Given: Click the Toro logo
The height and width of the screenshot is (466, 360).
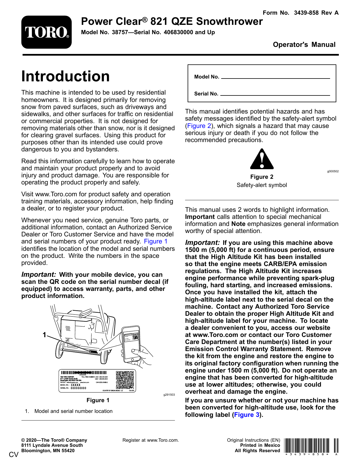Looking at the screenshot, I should tap(47, 32).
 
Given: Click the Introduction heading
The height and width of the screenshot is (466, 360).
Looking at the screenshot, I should tap(65, 76).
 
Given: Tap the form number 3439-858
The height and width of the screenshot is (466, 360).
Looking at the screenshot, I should tap(306, 13).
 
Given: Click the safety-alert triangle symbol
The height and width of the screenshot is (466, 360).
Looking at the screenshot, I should tap(262, 159).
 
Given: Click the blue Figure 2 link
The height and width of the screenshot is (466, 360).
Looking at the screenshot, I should tap(199, 126).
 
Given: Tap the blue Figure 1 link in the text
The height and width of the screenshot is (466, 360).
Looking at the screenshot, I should tap(155, 241).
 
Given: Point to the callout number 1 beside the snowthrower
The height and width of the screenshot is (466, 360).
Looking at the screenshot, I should tap(44, 335).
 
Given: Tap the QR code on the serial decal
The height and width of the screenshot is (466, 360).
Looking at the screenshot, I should tap(125, 380).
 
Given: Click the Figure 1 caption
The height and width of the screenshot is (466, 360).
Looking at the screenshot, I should tap(98, 400).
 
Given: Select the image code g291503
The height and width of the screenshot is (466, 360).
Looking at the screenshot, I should tap(169, 395).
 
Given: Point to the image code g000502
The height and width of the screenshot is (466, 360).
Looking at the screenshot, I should tap(333, 171).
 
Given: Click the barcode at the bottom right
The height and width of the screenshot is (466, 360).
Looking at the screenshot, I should tap(311, 446).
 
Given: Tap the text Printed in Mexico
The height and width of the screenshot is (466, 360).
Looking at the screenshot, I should tap(260, 445).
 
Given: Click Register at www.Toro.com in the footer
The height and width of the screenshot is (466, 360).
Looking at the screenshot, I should tap(150, 440).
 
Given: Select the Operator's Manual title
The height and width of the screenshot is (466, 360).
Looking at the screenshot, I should tap(304, 45).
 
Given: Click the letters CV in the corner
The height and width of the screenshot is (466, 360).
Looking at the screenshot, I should tap(14, 455).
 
